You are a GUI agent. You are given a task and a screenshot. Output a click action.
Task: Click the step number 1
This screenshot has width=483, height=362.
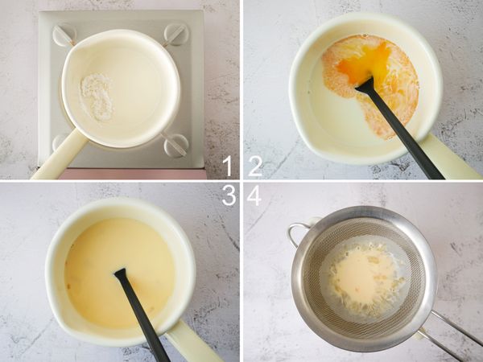227,167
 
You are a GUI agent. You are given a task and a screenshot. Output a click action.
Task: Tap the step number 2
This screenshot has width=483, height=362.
255,167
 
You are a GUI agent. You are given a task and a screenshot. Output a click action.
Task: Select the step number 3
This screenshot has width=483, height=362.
228,195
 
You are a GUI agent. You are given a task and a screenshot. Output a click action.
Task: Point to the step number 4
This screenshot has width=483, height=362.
254,195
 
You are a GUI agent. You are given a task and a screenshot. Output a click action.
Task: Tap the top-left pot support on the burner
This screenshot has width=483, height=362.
64,35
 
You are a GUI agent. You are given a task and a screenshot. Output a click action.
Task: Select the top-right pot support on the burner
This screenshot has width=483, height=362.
175,33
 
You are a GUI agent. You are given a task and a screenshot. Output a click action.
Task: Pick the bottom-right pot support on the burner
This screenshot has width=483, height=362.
175,145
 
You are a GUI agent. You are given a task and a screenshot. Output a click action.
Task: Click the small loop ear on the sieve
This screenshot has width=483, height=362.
297,234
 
